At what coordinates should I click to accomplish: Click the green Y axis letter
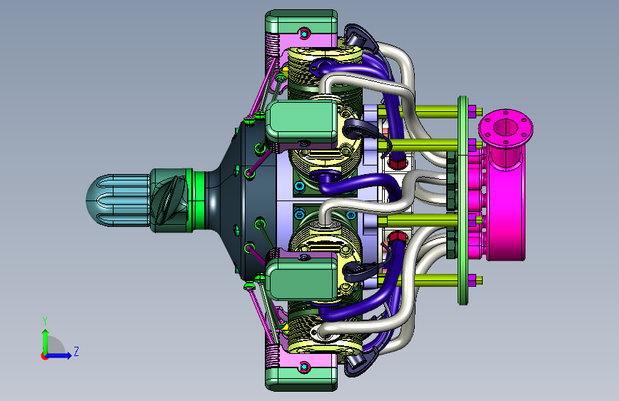[45, 321]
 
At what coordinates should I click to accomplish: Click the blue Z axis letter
[76, 351]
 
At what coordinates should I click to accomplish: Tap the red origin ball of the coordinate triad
[44, 356]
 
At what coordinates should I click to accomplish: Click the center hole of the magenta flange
[505, 127]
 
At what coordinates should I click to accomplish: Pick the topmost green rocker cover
[301, 21]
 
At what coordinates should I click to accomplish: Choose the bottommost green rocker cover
[301, 380]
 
